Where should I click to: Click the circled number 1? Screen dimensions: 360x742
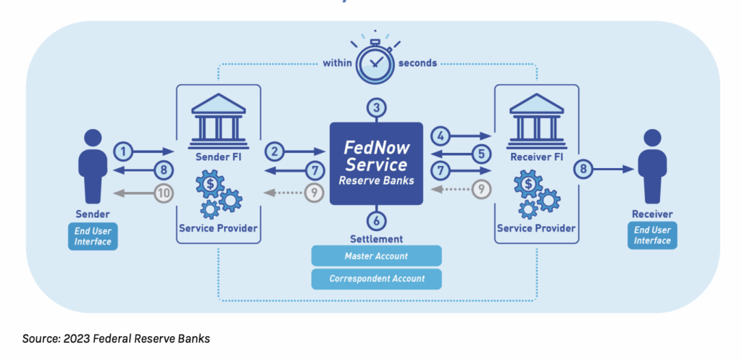click(x=124, y=151)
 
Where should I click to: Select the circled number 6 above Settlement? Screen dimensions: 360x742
click(x=375, y=220)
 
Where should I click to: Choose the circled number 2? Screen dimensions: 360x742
click(x=275, y=151)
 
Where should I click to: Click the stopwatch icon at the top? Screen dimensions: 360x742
click(x=375, y=61)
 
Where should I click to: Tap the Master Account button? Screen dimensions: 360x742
click(x=375, y=256)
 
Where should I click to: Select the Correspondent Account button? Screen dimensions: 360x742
click(x=375, y=278)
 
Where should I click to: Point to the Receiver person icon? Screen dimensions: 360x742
click(x=651, y=166)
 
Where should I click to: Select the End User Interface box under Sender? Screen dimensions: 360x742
click(x=93, y=236)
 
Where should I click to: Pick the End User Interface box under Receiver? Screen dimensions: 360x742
click(x=651, y=236)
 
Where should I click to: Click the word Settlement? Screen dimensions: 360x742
click(x=375, y=238)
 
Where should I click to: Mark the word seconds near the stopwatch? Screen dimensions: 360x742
click(x=417, y=63)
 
